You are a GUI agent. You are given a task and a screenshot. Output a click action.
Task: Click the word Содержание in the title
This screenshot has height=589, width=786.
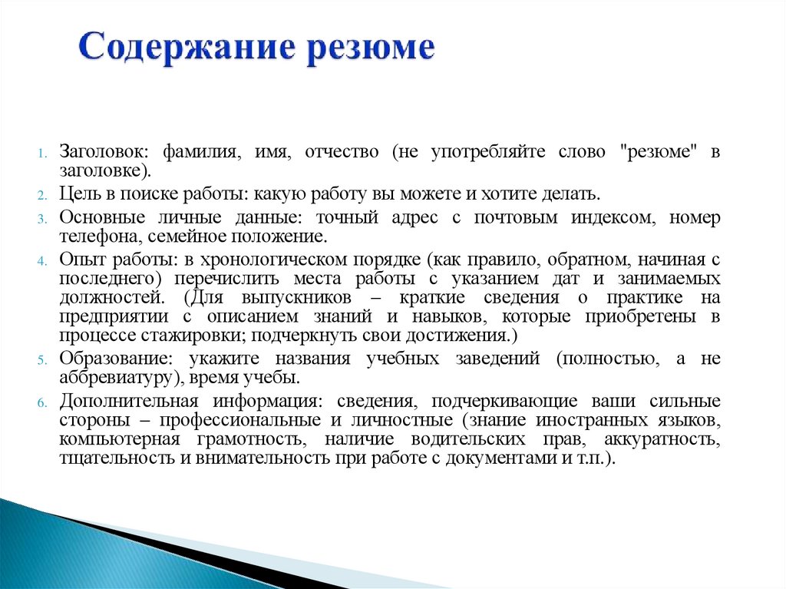coord(184,48)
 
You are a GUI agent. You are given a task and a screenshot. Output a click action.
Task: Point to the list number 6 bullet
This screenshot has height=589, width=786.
coord(45,402)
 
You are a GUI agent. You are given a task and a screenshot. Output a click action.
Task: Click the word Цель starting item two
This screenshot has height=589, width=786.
coord(78,193)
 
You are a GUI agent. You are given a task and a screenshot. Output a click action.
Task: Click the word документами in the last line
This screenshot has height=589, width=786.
coord(503,458)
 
